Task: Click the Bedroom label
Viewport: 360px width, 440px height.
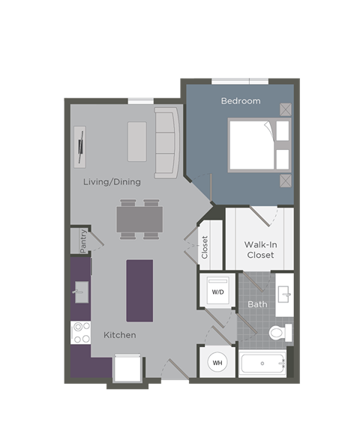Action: click(x=240, y=100)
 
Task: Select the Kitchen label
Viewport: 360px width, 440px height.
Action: click(x=120, y=334)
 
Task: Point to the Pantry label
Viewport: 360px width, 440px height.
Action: click(x=82, y=241)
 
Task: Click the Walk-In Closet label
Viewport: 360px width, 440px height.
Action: click(x=259, y=250)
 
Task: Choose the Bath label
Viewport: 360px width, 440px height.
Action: click(x=257, y=304)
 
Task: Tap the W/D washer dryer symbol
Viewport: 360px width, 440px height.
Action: click(x=217, y=291)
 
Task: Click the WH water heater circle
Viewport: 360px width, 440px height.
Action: click(x=217, y=363)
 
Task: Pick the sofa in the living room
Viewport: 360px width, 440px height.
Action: click(x=166, y=142)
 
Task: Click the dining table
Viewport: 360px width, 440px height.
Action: click(x=139, y=219)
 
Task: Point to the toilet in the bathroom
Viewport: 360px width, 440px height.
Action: click(x=278, y=332)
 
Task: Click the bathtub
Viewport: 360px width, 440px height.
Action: click(x=263, y=364)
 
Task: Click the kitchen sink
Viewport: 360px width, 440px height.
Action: click(x=80, y=292)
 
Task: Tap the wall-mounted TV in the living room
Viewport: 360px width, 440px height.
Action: click(x=80, y=144)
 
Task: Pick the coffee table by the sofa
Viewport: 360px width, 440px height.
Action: click(x=137, y=141)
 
